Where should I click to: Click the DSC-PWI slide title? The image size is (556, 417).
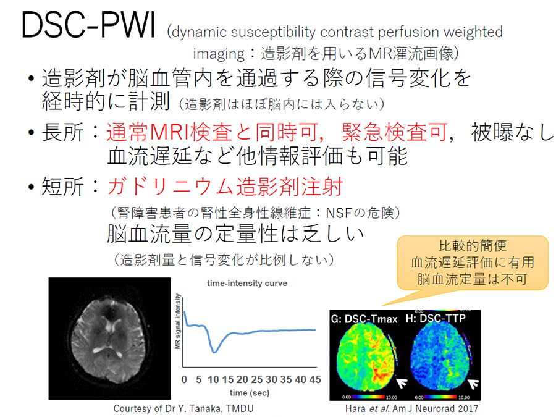click(88, 24)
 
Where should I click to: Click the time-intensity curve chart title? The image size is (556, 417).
click(246, 284)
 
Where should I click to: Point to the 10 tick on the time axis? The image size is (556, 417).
click(213, 379)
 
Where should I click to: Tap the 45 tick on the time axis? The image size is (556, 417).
click(315, 379)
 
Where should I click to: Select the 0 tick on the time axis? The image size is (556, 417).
click(184, 379)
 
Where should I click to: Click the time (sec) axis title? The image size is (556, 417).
click(250, 393)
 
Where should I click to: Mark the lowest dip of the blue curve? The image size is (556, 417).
click(214, 352)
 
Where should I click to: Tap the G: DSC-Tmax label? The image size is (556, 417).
click(364, 319)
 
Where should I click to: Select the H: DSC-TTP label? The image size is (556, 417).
click(436, 318)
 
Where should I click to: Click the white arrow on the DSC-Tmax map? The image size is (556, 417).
click(402, 383)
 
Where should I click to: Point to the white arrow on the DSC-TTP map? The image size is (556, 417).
click(473, 384)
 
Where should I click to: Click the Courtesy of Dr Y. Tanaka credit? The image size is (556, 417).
click(183, 408)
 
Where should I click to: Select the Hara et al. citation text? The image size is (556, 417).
click(411, 408)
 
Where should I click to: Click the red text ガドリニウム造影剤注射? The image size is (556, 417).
click(225, 186)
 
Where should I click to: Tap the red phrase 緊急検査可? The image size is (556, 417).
click(394, 132)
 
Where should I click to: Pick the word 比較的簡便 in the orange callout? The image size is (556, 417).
click(473, 246)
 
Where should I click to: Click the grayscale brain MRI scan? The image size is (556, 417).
click(109, 339)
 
